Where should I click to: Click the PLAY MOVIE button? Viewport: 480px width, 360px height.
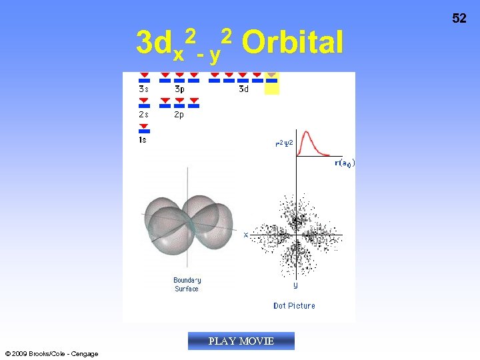coord(241,341)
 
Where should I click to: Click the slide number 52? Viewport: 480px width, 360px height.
coord(459,19)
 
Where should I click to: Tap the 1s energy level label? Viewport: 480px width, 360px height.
coord(143,140)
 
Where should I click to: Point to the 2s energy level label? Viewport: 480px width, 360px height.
coord(143,114)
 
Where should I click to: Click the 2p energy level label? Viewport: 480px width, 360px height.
coord(179,114)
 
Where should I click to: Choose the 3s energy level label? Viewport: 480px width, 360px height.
coord(143,89)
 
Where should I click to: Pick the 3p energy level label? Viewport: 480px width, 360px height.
coord(179,89)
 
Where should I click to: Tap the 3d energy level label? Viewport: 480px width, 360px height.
coord(243,89)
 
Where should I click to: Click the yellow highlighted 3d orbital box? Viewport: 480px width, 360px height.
coord(272,84)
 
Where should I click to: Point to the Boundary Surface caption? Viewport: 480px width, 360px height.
coord(187,285)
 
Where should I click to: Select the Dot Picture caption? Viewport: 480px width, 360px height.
coord(294,306)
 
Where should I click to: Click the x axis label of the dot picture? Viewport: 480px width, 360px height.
coord(246,235)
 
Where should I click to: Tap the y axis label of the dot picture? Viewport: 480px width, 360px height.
coord(295,285)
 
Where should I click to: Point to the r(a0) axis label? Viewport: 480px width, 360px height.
coord(344,163)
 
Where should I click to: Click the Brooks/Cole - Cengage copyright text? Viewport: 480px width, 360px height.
coord(51,353)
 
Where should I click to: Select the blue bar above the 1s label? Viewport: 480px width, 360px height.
coord(144,131)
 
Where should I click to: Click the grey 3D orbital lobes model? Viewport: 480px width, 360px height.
coord(189,223)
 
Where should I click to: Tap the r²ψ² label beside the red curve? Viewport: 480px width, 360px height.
coord(283,143)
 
